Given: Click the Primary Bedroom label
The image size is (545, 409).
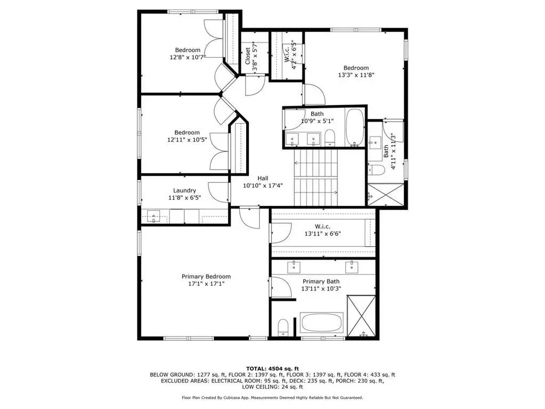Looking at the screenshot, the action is pos(206,277).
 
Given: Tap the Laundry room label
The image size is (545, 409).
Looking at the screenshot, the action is pos(184,190).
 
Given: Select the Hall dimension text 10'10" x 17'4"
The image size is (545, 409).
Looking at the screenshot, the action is pos(263,186).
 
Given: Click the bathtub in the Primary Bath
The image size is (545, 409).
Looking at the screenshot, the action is pos(322,323).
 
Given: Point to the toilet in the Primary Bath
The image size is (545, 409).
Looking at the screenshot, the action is pos(283,327).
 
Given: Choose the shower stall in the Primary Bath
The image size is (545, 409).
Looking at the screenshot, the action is pos(362,316).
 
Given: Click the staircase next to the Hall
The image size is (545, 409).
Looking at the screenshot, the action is pos(316,178).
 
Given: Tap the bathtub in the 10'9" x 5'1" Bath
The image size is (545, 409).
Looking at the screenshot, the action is pos(355,127).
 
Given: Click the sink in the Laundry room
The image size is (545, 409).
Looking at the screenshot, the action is pos(153,216).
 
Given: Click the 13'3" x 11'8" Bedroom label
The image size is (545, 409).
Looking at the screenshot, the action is pos(356,71).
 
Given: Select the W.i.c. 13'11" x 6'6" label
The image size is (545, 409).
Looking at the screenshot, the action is pos(322,230).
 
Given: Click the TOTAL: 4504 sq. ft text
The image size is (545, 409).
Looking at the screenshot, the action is pos(273,368).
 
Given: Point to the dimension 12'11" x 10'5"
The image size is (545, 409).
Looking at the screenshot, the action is pos(187,140).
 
